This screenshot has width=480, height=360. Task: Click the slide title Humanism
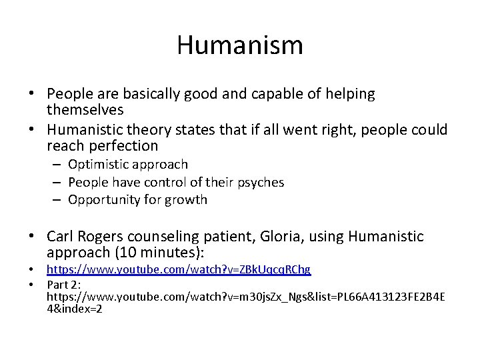(x=240, y=45)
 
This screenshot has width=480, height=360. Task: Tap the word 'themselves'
(x=85, y=110)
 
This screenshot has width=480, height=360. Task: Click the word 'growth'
(x=187, y=199)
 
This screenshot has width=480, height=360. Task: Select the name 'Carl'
(x=61, y=236)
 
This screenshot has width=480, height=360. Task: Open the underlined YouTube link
(x=178, y=269)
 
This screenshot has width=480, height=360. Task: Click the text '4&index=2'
(x=75, y=309)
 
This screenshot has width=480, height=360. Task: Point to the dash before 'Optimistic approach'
(x=58, y=164)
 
